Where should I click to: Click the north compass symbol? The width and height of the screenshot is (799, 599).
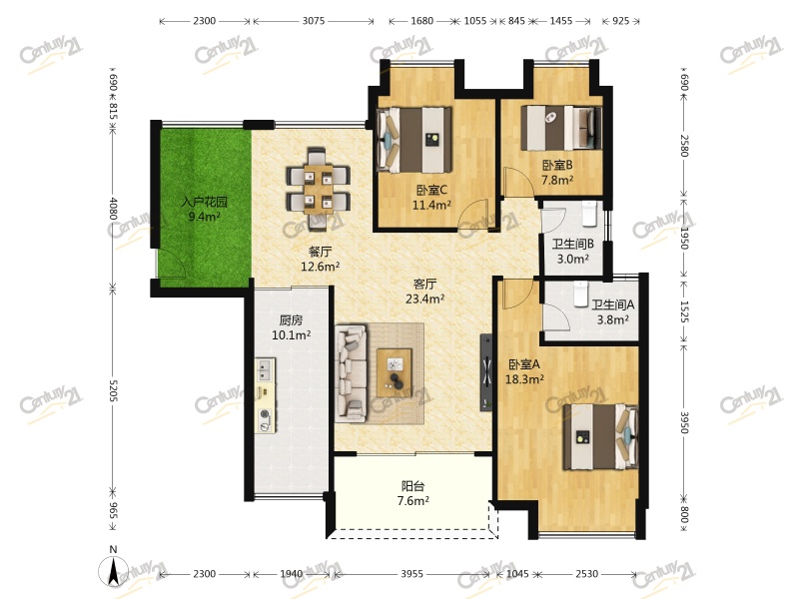(114, 570)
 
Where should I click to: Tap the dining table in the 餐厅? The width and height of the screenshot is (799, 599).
(319, 188)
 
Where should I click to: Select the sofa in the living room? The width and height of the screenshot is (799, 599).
(352, 373)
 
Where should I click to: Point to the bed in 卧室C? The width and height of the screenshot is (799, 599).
(414, 139)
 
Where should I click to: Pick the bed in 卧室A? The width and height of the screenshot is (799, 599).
(600, 436)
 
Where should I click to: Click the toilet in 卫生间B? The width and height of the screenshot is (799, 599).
(589, 214)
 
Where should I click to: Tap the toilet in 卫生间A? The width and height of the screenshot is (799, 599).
(581, 294)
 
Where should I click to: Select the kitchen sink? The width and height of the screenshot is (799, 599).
(265, 369)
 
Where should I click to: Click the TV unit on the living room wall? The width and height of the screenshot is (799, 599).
(486, 371)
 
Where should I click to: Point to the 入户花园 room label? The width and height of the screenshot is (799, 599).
(205, 202)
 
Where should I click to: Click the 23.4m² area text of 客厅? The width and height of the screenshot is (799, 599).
(425, 299)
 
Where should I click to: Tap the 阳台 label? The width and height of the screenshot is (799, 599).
(412, 486)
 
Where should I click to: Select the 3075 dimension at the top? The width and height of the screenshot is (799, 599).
(314, 21)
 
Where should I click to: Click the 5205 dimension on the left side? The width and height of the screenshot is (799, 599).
(113, 390)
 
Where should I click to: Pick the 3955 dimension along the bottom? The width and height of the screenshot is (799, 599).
(411, 574)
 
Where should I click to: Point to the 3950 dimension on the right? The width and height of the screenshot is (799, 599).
(684, 422)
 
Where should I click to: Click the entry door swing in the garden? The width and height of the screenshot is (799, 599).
(171, 264)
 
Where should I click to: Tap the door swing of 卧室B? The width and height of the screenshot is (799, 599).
(518, 182)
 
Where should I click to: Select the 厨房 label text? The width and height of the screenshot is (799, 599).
(291, 320)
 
